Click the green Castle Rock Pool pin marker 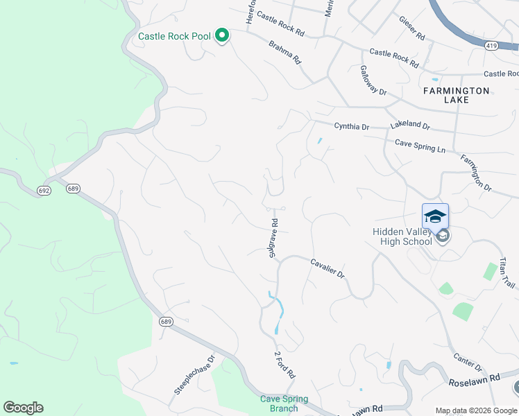pyautogui.click(x=222, y=35)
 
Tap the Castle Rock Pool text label pyautogui.click(x=173, y=36)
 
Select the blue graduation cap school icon pyautogui.click(x=435, y=216)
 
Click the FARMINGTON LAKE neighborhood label pyautogui.click(x=457, y=95)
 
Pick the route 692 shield pyautogui.click(x=44, y=190)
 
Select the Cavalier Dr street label pyautogui.click(x=327, y=268)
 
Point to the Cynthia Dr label pyautogui.click(x=351, y=127)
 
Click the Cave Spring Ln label pyautogui.click(x=420, y=146)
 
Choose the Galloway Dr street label pyautogui.click(x=373, y=80)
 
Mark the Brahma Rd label pyautogui.click(x=285, y=50)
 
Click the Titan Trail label pyautogui.click(x=507, y=275)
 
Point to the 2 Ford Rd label pyautogui.click(x=284, y=364)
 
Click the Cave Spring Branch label pyautogui.click(x=279, y=404)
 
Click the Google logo pyautogui.click(x=23, y=408)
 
